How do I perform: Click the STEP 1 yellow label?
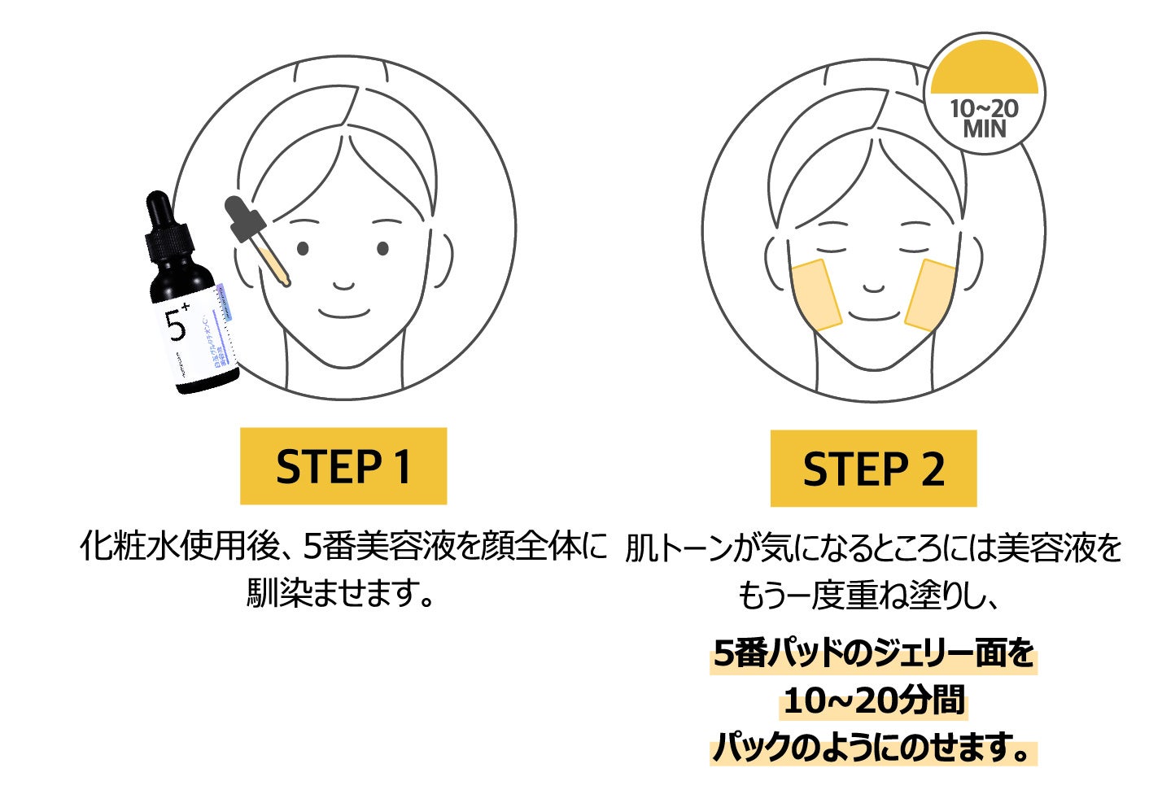tap(343, 465)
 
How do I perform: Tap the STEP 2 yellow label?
tap(872, 469)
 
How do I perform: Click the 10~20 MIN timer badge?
tap(984, 94)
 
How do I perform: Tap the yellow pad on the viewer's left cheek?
tap(816, 295)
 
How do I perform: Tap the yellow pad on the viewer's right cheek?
tap(930, 295)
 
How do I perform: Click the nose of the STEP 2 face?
tap(873, 286)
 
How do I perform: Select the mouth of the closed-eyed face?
tap(873, 314)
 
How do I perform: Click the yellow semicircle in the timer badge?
tap(984, 68)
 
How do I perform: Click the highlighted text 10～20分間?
tap(873, 700)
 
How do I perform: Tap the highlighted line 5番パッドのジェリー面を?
tap(873, 653)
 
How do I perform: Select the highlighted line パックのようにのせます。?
tap(873, 747)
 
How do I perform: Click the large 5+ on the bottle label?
tap(177, 323)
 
